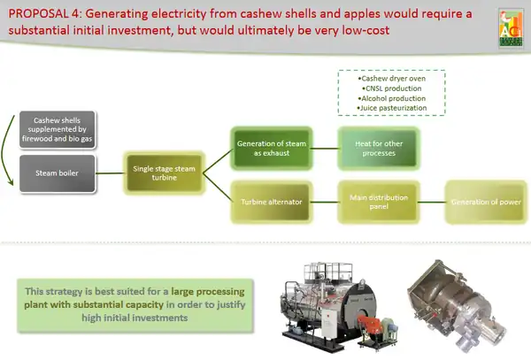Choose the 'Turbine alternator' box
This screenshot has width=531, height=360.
point(272,202)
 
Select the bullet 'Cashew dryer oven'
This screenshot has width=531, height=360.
point(392,80)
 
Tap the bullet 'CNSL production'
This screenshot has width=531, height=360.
point(392,89)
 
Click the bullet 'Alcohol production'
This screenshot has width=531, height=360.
point(392,99)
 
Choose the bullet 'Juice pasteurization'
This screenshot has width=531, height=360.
point(392,109)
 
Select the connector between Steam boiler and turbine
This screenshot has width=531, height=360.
point(116,172)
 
